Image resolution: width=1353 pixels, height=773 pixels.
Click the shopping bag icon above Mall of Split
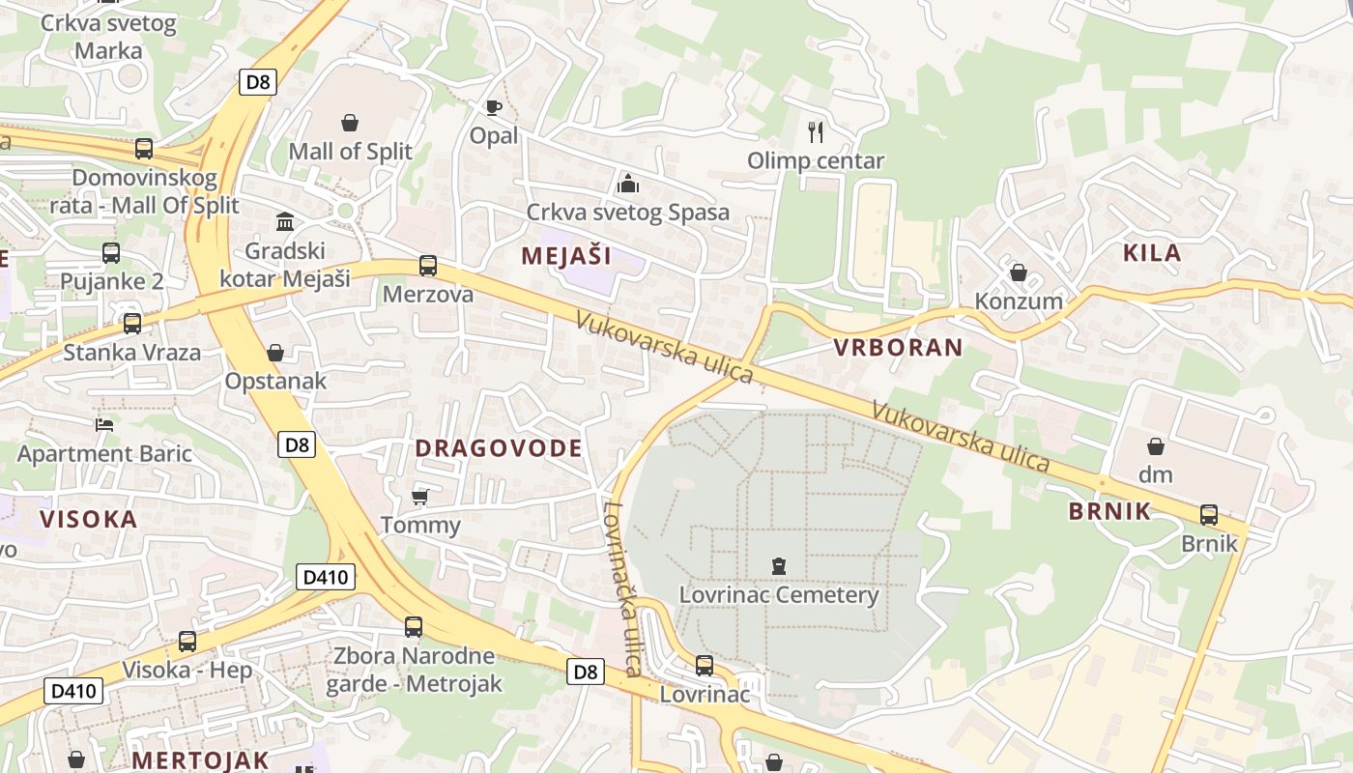[350, 123]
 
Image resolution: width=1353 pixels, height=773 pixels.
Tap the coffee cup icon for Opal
[494, 107]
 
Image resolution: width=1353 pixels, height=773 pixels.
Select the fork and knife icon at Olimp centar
[817, 131]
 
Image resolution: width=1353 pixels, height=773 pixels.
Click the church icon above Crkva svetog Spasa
[627, 183]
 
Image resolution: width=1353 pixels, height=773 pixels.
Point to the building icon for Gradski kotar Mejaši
[285, 222]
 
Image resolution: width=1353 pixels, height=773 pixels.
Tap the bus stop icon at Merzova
[428, 265]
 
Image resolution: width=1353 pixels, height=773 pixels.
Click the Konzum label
[1019, 301]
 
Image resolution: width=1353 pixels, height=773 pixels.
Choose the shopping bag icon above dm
[1155, 446]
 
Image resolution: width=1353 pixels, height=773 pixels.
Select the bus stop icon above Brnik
[1209, 514]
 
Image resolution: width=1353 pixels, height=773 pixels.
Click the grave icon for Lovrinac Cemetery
[779, 565]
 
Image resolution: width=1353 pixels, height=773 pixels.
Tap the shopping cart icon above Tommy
[419, 497]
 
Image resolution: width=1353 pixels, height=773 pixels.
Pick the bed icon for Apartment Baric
[104, 424]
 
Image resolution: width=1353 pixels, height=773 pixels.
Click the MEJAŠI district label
[566, 256]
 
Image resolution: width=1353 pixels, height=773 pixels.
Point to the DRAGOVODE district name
[499, 448]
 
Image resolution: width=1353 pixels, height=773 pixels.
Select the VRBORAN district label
[899, 348]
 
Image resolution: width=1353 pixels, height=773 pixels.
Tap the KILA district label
[1152, 253]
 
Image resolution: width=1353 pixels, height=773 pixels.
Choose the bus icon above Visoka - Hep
[187, 641]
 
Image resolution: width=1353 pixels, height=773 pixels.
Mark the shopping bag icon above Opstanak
[275, 353]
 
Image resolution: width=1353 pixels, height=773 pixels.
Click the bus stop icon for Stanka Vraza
[132, 323]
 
